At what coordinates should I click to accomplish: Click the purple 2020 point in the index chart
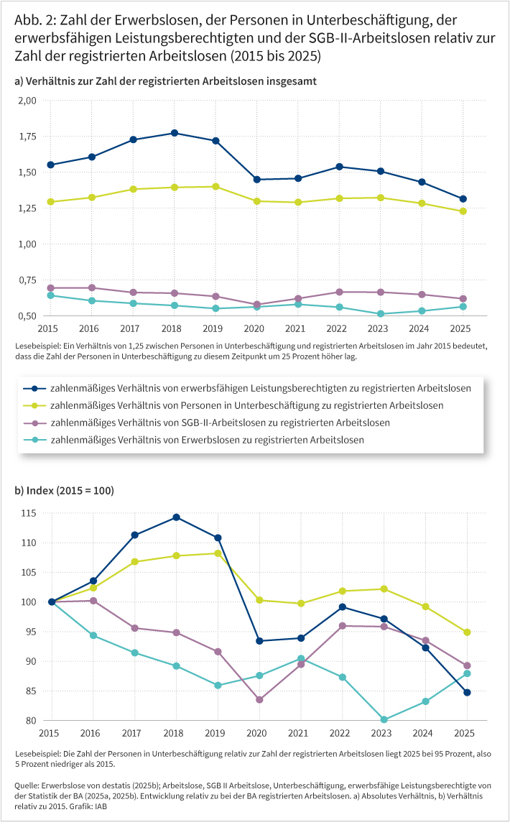click(259, 699)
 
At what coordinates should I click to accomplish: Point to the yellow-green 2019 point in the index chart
click(218, 553)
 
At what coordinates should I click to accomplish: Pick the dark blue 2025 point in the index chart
click(466, 692)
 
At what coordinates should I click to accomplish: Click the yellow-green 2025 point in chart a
click(463, 211)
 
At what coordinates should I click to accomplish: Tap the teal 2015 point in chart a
click(51, 295)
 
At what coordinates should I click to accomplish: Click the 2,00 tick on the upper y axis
click(27, 101)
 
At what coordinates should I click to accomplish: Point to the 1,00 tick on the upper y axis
click(27, 244)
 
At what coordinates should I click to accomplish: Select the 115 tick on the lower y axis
click(29, 513)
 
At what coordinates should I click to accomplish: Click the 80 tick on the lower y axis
click(32, 721)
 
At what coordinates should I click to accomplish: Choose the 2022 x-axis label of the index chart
click(342, 733)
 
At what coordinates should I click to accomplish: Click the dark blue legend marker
click(35, 388)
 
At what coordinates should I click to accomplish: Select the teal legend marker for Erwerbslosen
click(35, 440)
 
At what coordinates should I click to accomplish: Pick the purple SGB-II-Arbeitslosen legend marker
click(35, 423)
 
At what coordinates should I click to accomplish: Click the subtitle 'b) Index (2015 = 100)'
click(64, 491)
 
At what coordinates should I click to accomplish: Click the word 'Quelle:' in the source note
click(27, 787)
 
